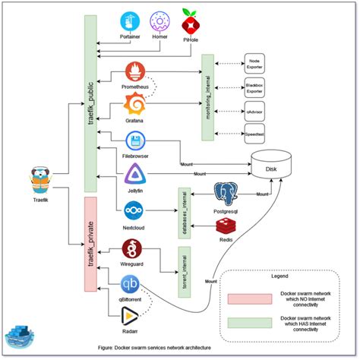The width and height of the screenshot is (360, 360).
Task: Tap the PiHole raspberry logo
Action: [x=191, y=20]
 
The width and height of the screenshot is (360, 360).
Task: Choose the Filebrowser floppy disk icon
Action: [x=135, y=141]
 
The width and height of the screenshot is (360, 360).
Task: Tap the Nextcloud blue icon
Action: [x=134, y=208]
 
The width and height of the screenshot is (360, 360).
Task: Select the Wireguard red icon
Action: [x=133, y=248]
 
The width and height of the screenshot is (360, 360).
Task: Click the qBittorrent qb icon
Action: [x=131, y=286]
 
